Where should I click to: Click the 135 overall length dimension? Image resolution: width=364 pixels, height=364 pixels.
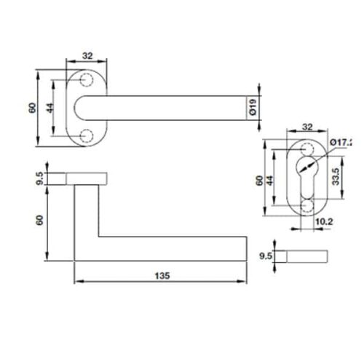pyautogui.click(x=162, y=275)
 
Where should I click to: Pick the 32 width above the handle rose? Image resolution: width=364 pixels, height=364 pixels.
pyautogui.click(x=87, y=55)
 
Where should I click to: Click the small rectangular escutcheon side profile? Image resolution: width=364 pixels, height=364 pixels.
pyautogui.click(x=306, y=256)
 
